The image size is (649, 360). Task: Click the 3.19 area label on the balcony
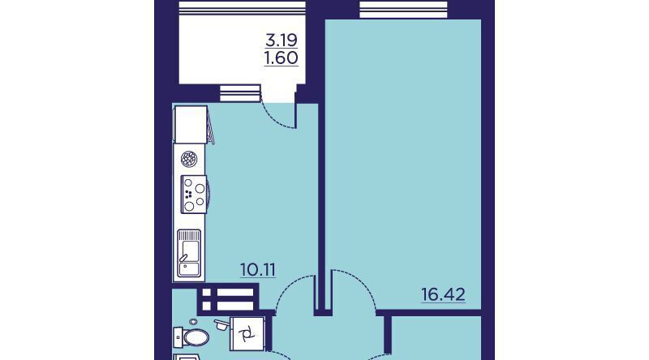click(x=282, y=41)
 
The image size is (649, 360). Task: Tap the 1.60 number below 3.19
click(x=282, y=58)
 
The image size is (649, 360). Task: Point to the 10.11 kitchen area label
click(x=258, y=270)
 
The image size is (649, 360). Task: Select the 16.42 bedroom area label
click(x=443, y=294)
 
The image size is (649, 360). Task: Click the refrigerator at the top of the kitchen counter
click(x=191, y=125)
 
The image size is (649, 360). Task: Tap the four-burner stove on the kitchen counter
click(x=194, y=195)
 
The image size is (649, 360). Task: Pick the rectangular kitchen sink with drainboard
click(x=189, y=253)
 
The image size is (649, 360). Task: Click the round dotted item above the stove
click(x=189, y=159)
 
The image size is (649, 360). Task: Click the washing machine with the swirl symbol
click(x=247, y=333)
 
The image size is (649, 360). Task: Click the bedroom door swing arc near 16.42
click(x=354, y=289)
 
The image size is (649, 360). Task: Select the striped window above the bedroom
click(x=403, y=10)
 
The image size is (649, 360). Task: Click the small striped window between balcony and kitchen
click(x=240, y=93)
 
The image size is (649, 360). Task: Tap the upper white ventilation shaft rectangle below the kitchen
click(x=228, y=293)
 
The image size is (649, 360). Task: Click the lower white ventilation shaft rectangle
click(x=228, y=306)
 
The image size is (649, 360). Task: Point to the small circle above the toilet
click(x=192, y=322)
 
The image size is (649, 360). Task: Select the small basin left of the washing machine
click(x=221, y=324)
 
